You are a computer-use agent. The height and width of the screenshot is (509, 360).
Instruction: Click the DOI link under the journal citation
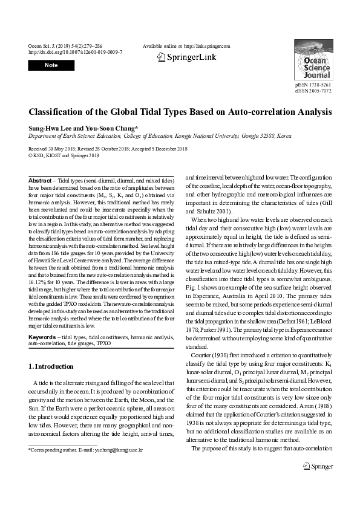coord(75,52)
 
